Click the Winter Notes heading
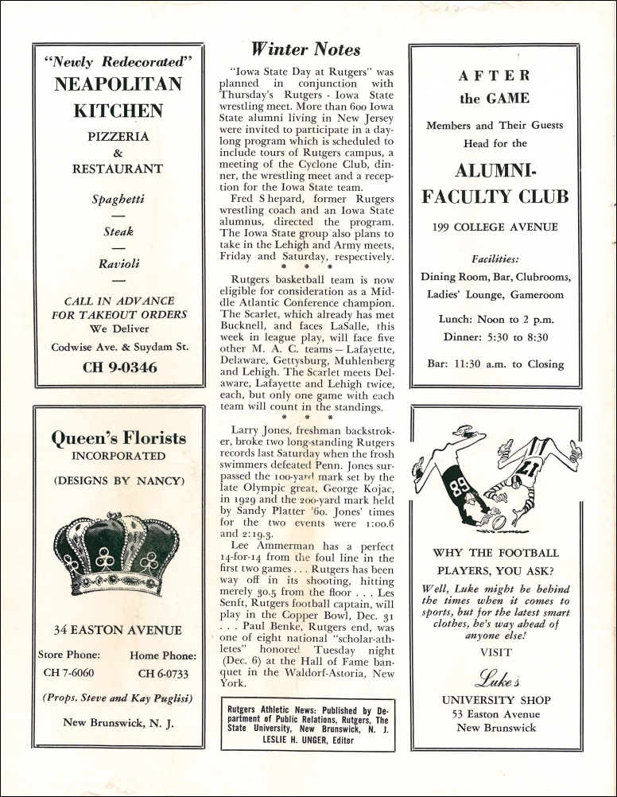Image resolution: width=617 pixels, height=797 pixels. [x=306, y=49]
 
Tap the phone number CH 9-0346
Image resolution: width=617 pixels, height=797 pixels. [x=119, y=367]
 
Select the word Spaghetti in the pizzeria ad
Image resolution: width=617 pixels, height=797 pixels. [x=118, y=199]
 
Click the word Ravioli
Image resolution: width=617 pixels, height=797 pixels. [x=118, y=264]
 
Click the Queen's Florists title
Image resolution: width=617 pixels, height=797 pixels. [x=118, y=438]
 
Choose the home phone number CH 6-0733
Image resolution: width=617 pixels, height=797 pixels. [x=164, y=674]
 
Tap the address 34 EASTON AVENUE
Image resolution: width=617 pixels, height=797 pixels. [x=118, y=631]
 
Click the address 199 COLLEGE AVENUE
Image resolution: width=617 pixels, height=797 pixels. [x=495, y=227]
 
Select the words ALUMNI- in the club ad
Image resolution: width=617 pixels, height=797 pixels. [x=495, y=171]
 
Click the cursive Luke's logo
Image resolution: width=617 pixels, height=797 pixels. [x=496, y=678]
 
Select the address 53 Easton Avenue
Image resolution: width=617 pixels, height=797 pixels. [x=496, y=714]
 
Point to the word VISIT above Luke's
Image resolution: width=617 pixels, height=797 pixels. [x=495, y=652]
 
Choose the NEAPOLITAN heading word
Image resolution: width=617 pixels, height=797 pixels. [x=118, y=84]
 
